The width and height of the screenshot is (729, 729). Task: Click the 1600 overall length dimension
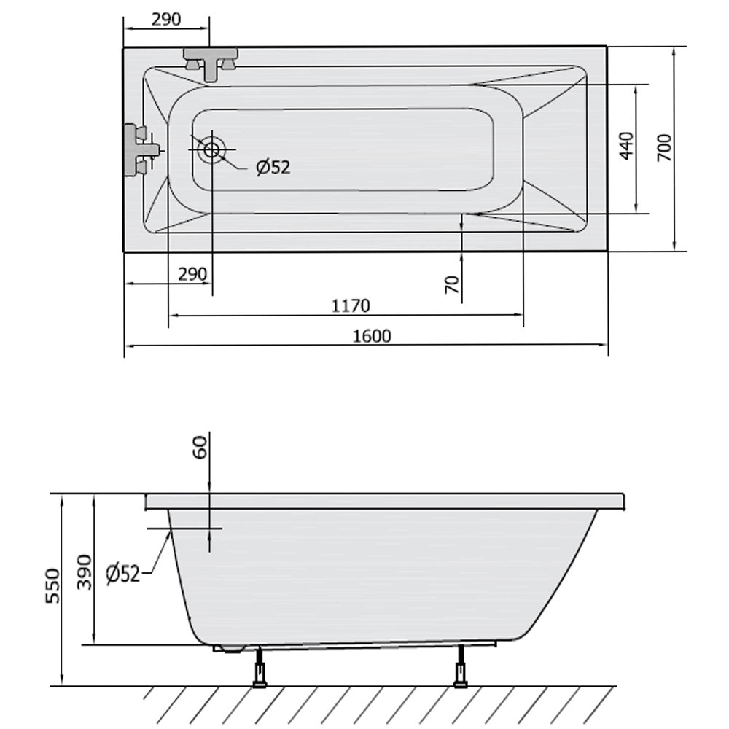[x=372, y=335]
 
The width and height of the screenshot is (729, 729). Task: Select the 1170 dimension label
[x=351, y=306]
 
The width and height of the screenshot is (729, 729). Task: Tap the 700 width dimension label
[x=664, y=148]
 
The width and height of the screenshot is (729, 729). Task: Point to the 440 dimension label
[x=627, y=146]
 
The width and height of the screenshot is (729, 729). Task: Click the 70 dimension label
[x=452, y=284]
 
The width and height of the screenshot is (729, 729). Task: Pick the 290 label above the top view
[x=166, y=19]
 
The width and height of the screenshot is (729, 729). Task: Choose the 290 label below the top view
[x=192, y=274]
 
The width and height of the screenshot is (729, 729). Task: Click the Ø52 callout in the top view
[x=273, y=167]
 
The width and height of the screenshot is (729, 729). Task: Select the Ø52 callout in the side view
[x=122, y=574]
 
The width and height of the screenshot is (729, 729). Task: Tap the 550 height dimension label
[x=53, y=586]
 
